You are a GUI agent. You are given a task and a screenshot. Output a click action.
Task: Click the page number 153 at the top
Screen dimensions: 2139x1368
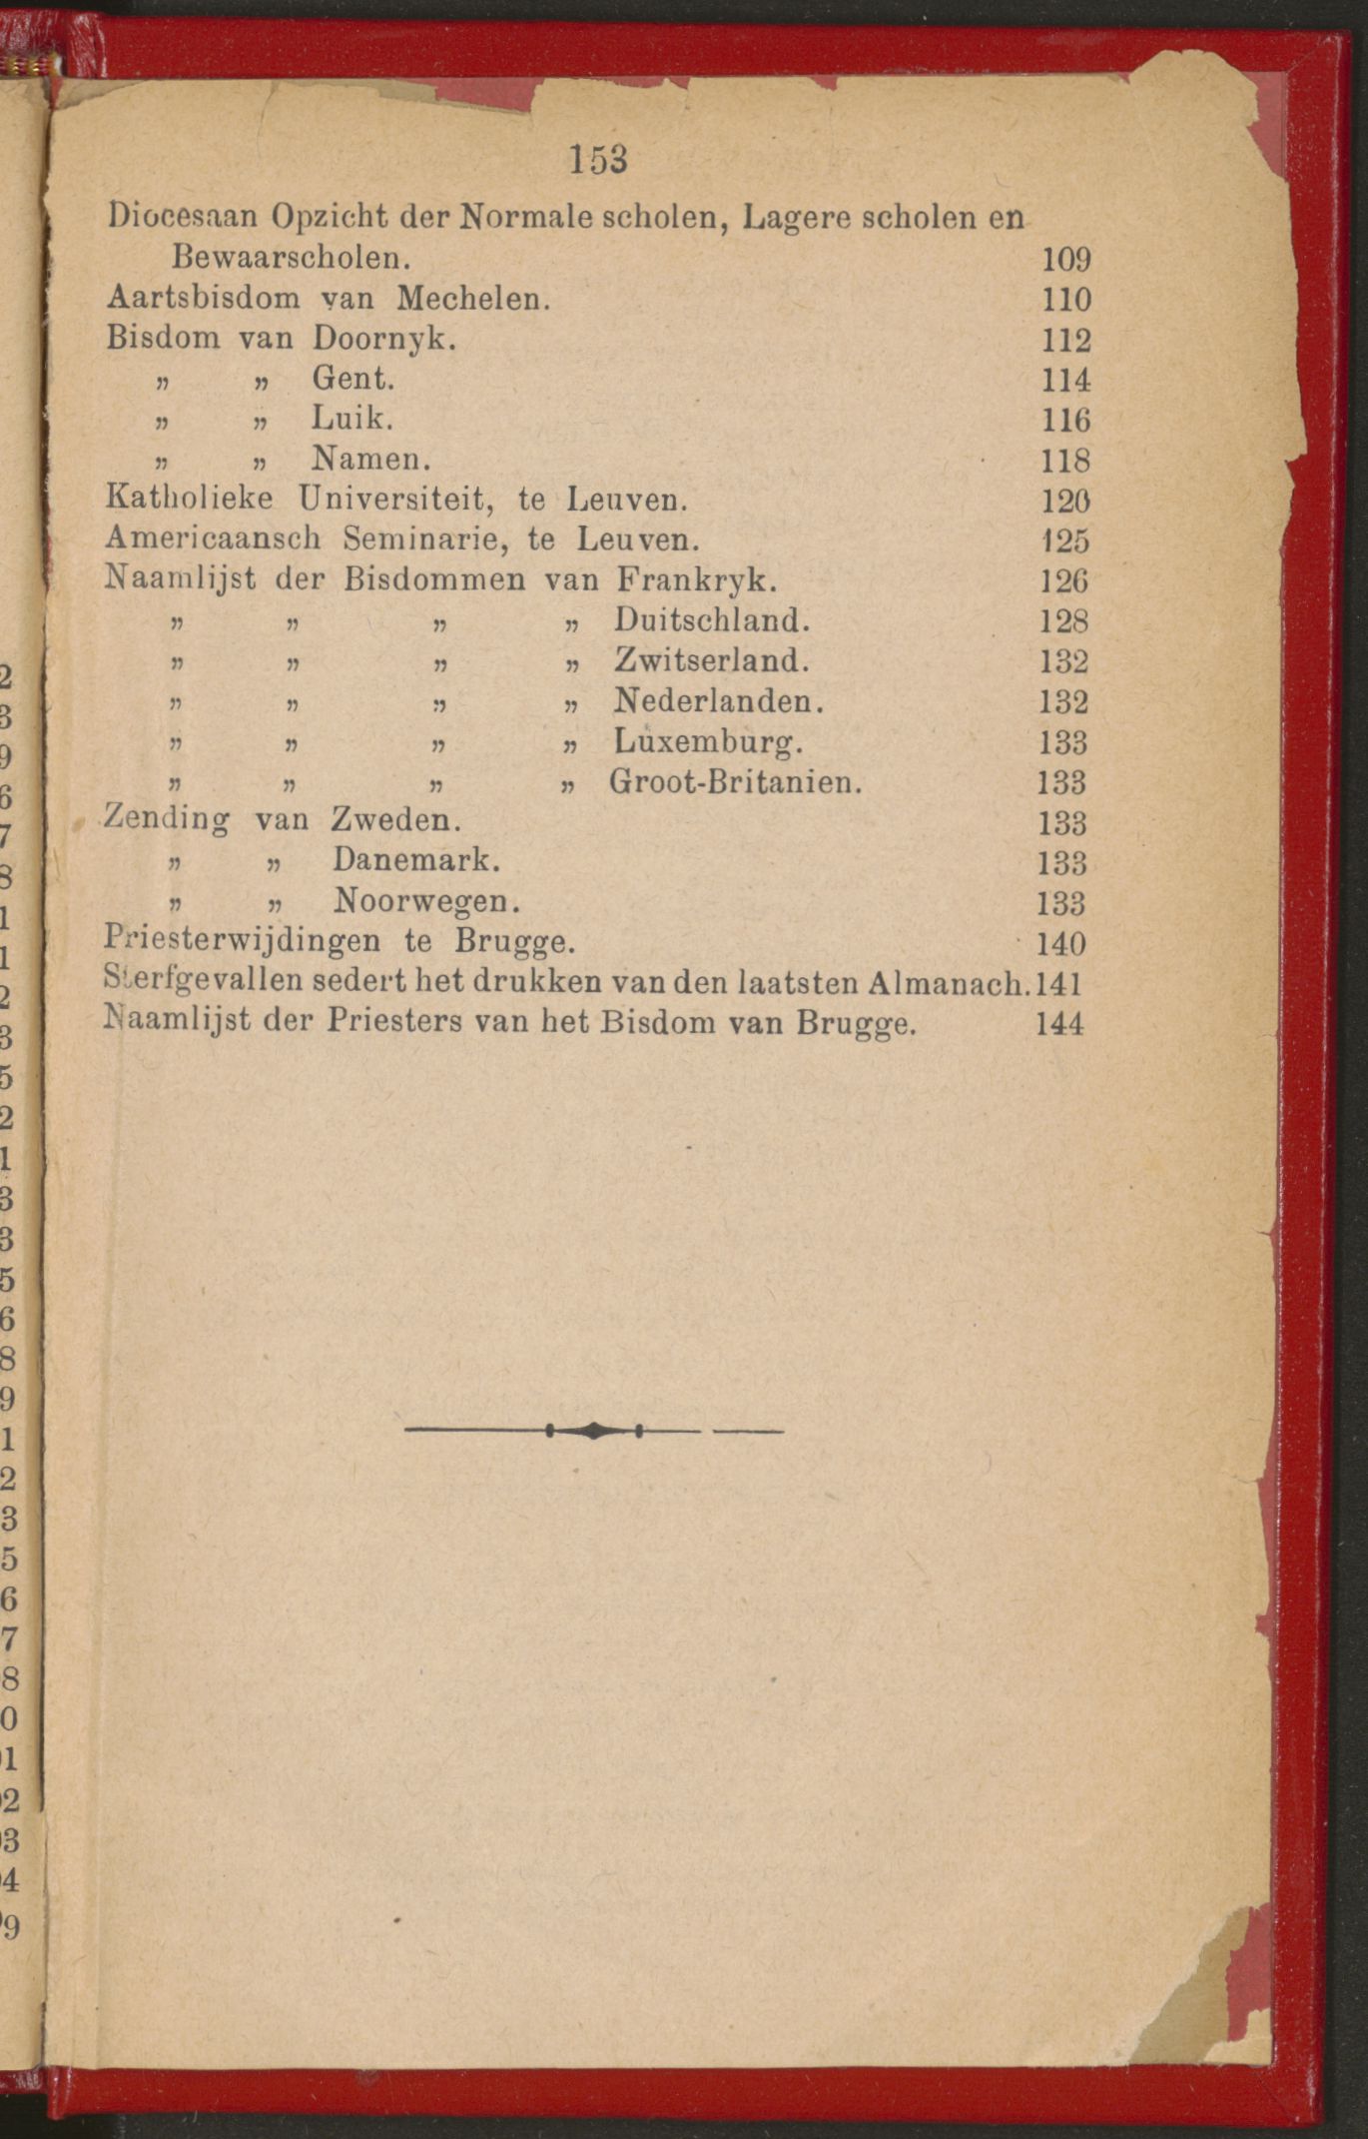[x=598, y=160]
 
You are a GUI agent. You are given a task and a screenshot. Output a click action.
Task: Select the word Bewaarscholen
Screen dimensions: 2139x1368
[x=291, y=258]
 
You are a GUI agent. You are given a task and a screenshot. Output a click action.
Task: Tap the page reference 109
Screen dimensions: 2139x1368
[x=1065, y=260]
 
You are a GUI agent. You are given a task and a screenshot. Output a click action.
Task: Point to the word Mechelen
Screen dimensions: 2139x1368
[x=473, y=298]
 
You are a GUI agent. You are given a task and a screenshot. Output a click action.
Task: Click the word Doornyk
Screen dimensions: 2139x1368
[x=384, y=339]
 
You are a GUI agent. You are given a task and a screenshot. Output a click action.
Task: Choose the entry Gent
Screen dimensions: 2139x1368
[x=353, y=379]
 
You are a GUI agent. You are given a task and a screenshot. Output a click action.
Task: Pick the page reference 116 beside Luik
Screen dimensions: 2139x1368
[x=1065, y=420]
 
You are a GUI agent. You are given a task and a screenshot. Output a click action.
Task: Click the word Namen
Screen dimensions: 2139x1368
[x=370, y=459]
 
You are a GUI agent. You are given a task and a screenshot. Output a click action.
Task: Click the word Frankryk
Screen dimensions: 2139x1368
[x=696, y=579]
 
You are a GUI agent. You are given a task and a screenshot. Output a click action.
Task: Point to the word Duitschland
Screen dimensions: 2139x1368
[x=712, y=620]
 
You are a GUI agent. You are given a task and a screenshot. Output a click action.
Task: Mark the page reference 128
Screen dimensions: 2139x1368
[x=1062, y=621]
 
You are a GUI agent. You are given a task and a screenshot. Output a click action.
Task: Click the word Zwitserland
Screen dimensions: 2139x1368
[x=712, y=660]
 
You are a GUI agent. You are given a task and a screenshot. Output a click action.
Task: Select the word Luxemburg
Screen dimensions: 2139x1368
[x=708, y=741]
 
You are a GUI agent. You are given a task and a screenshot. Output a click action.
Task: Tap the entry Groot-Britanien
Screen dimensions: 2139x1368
[x=736, y=781]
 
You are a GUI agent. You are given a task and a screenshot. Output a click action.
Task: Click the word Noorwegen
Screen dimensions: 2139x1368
[x=426, y=901]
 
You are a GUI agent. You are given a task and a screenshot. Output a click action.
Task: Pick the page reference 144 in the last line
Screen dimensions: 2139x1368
[x=1059, y=1023]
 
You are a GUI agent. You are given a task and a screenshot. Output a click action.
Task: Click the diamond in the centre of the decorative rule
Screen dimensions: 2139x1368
[x=593, y=1431]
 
